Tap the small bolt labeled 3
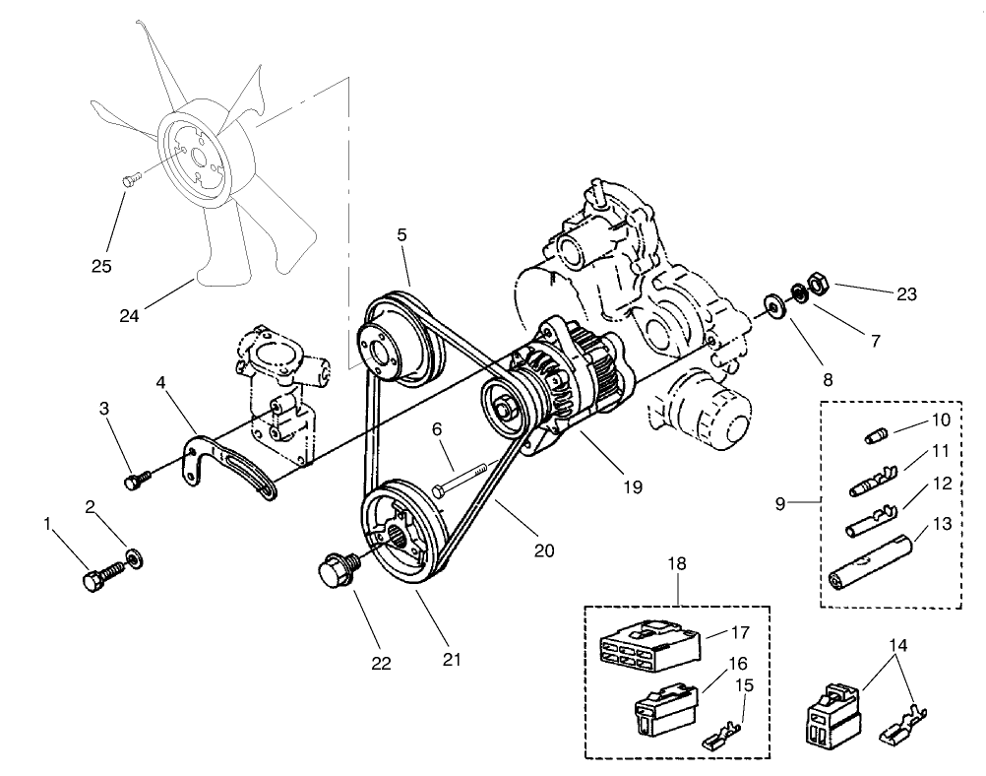click(x=136, y=480)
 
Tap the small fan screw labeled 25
click(x=130, y=179)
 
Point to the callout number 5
click(x=401, y=236)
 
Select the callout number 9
click(x=780, y=503)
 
